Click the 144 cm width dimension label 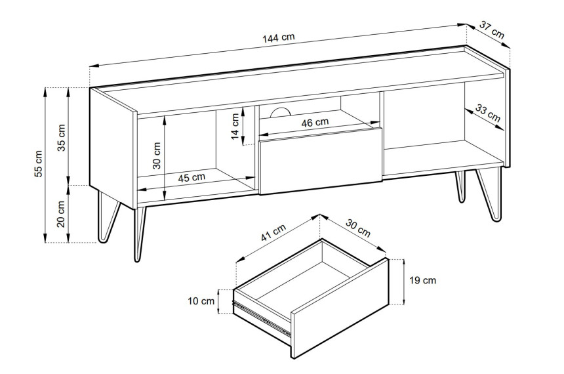279,37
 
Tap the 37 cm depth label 492,30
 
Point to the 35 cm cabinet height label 62,137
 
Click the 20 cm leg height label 61,214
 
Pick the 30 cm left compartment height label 157,156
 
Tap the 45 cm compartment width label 191,177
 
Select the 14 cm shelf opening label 235,127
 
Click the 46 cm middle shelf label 315,123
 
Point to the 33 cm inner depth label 488,113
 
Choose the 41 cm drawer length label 273,232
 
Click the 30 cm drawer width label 358,228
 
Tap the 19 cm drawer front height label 423,280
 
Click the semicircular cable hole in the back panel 280,113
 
